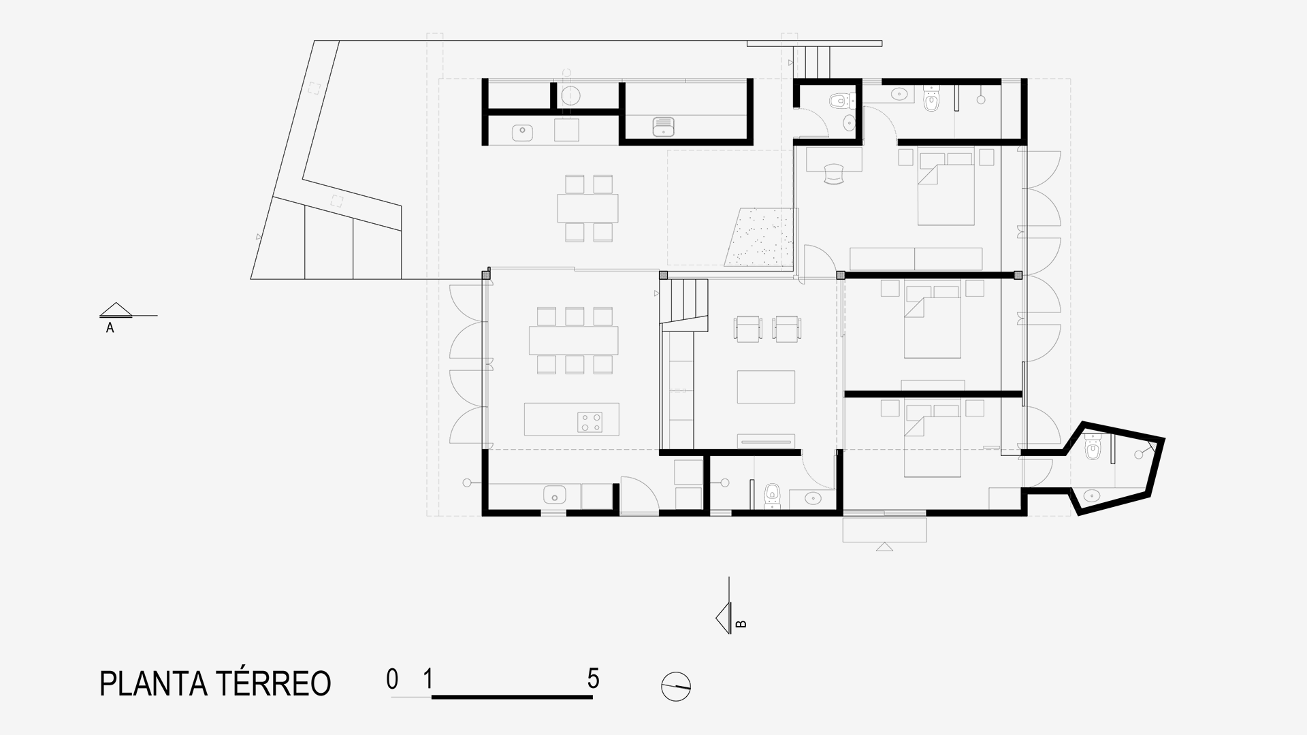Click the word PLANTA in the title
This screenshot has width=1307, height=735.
152,683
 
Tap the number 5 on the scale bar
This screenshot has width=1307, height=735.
594,679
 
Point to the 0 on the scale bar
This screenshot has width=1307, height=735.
392,679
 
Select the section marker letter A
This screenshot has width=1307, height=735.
110,328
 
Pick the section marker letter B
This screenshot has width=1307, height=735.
741,623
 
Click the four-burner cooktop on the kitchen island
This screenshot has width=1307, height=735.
590,422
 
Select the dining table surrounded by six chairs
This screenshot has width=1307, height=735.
574,340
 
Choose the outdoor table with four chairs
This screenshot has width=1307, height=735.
588,208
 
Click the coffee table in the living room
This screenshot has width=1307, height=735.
767,387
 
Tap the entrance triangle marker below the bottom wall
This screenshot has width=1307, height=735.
884,546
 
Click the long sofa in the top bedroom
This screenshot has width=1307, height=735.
916,259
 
